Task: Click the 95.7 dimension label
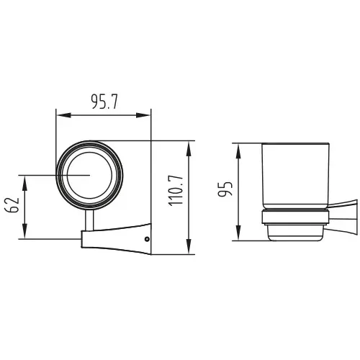pos(104,102)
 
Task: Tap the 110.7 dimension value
pos(176,191)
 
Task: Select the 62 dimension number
pos(12,205)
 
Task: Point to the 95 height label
pos(225,189)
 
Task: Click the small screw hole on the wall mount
pos(147,239)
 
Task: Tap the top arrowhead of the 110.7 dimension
pos(189,148)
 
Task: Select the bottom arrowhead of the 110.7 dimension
pos(189,247)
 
